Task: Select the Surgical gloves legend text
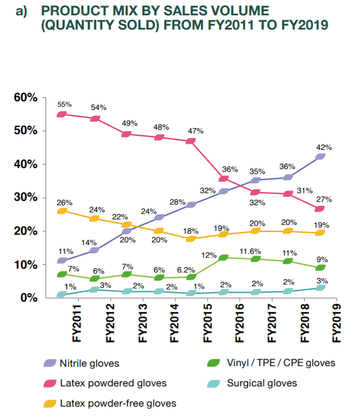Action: (262, 383)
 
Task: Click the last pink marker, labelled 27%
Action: (320, 208)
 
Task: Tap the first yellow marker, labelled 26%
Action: (62, 211)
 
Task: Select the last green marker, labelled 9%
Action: (320, 268)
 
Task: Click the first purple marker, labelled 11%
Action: (62, 260)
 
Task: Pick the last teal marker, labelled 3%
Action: (320, 287)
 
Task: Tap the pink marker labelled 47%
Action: (191, 141)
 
